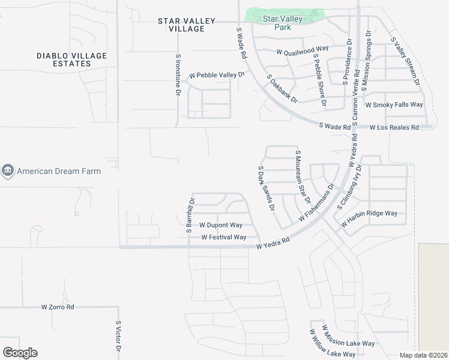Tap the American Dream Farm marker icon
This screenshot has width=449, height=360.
click(x=7, y=171)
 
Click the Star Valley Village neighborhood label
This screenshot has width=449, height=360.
click(x=186, y=25)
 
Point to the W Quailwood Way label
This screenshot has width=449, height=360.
click(x=303, y=52)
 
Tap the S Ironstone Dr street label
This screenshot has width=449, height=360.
click(x=178, y=75)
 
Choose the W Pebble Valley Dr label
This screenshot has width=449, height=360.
click(x=217, y=76)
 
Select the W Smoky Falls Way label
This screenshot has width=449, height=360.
click(x=394, y=104)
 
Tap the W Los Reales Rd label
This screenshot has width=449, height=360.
click(x=394, y=128)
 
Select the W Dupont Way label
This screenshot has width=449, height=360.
click(x=220, y=225)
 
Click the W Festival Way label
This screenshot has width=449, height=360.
click(x=223, y=237)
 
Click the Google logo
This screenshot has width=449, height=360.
click(x=20, y=352)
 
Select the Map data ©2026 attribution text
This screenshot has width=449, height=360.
click(x=424, y=355)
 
